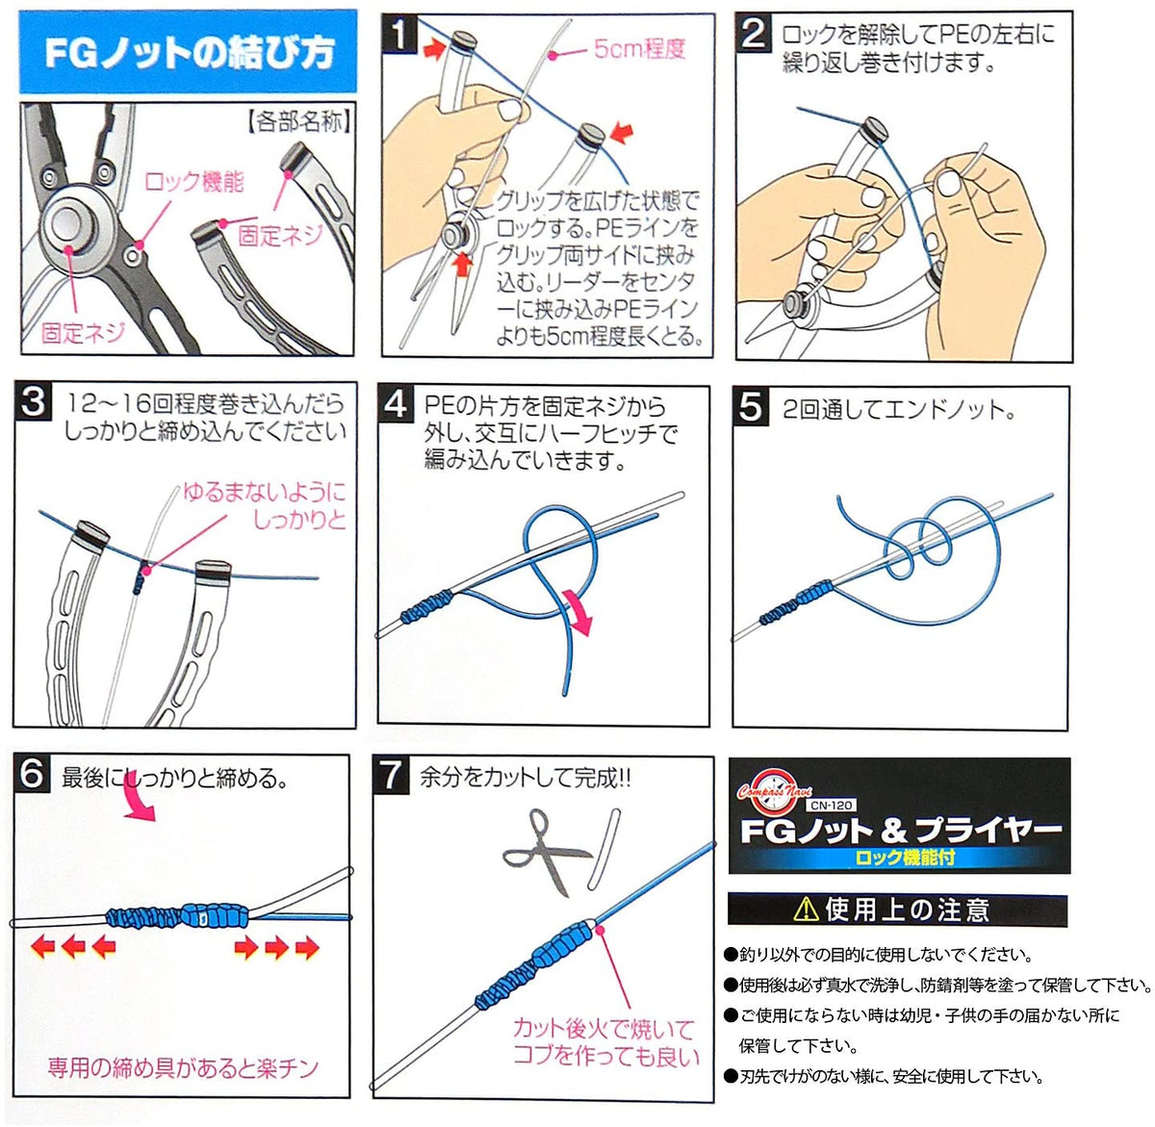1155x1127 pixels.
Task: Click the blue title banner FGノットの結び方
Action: tap(188, 51)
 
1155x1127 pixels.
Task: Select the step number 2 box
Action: tap(754, 34)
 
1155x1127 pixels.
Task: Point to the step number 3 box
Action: tap(34, 400)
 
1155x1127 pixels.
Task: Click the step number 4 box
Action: tap(396, 403)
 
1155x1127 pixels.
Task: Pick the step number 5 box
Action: tap(751, 406)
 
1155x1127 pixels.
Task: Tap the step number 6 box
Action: tap(33, 773)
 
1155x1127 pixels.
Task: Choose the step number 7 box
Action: tap(391, 775)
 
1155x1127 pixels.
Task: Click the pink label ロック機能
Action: tap(193, 181)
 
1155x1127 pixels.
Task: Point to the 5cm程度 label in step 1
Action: tap(639, 49)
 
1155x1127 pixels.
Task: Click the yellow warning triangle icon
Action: tap(806, 909)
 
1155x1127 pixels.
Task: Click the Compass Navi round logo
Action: tap(773, 792)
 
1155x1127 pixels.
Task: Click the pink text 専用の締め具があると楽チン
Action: tap(183, 1067)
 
